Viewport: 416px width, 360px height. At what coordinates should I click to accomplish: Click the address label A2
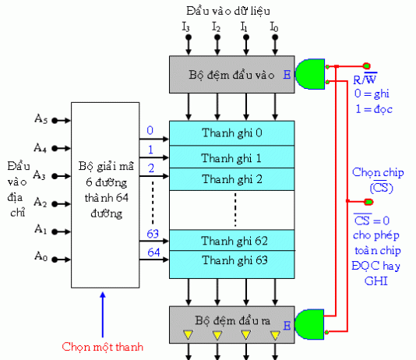41,203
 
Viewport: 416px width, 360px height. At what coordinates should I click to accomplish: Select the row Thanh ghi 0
232,132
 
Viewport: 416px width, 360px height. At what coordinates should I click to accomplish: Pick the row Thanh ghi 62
232,240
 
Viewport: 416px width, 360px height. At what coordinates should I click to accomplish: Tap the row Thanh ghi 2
232,178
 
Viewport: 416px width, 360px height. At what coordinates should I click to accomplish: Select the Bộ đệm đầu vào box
232,76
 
